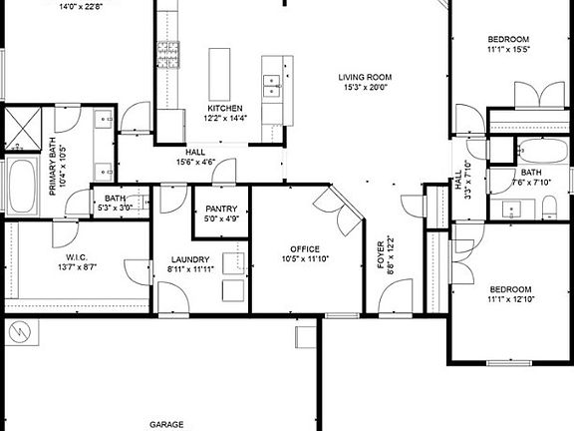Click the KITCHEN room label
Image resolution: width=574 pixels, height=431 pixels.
pyautogui.click(x=224, y=108)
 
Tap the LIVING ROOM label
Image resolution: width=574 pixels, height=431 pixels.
pyautogui.click(x=364, y=77)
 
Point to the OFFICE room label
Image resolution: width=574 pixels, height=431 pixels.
pyautogui.click(x=304, y=248)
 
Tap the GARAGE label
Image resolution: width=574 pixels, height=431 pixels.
pyautogui.click(x=166, y=424)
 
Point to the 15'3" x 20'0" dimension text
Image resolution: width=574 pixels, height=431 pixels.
pyautogui.click(x=364, y=88)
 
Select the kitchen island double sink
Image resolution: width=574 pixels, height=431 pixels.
pyautogui.click(x=270, y=88)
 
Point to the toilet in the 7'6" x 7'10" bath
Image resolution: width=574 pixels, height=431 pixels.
pyautogui.click(x=549, y=207)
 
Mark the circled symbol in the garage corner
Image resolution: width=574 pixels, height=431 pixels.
pyautogui.click(x=18, y=331)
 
